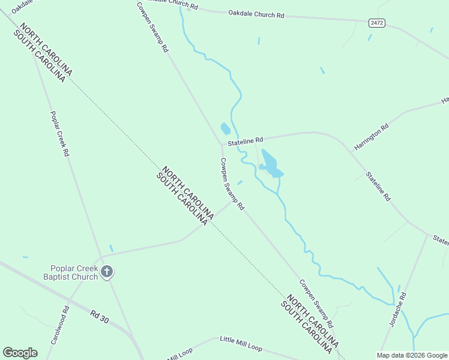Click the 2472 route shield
coord(377,23)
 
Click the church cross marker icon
coord(107,272)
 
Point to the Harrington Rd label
coord(372,137)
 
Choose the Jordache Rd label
coord(398,310)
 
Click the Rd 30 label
coord(100,317)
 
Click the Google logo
coord(20,353)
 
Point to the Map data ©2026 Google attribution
coord(412,355)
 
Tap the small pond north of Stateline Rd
coord(225,128)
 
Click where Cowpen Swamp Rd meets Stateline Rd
coord(221,144)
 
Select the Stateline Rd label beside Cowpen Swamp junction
coord(245,140)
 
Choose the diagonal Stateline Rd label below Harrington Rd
coord(379,186)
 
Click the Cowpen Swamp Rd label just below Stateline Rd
coord(232,184)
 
